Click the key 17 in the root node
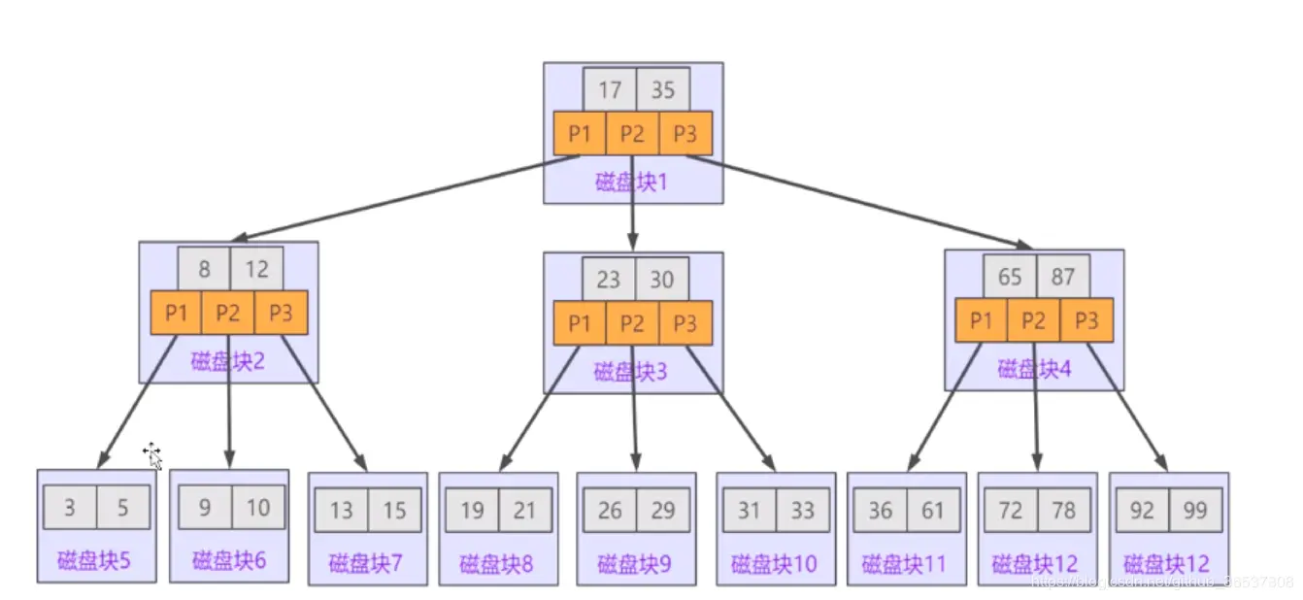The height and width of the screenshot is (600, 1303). [x=610, y=90]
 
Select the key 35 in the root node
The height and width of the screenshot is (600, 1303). [x=663, y=90]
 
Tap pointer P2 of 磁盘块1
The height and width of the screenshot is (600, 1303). [x=632, y=134]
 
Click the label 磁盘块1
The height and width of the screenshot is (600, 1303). [x=632, y=183]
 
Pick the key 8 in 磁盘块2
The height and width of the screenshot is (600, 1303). [x=204, y=269]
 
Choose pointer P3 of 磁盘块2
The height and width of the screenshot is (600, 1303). [x=282, y=313]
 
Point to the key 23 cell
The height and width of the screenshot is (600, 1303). [x=609, y=280]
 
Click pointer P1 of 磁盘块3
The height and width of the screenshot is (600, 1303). [x=580, y=322]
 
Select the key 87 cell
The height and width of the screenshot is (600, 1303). [x=1063, y=277]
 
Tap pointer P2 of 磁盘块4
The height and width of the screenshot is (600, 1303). [x=1034, y=319]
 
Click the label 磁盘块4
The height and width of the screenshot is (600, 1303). [x=1033, y=369]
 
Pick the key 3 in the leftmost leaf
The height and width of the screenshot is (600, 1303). [x=70, y=507]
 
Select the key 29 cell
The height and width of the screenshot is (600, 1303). [x=663, y=510]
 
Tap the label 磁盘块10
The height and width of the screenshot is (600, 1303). [x=775, y=563]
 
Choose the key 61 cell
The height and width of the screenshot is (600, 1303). [x=933, y=510]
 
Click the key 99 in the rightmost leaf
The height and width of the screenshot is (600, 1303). [x=1195, y=510]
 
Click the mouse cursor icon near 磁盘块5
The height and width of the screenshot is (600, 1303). [x=152, y=454]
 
